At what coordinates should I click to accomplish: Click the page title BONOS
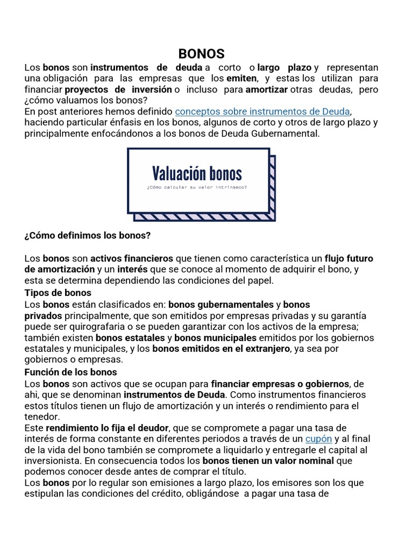pyautogui.click(x=201, y=54)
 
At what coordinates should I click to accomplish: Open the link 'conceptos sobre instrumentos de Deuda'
pyautogui.click(x=262, y=111)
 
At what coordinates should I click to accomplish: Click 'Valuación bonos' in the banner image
pyautogui.click(x=197, y=173)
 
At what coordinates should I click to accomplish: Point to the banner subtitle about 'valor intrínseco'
pyautogui.click(x=197, y=188)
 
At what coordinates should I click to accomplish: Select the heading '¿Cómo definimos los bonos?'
pyautogui.click(x=88, y=236)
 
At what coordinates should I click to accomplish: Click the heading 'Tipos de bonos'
pyautogui.click(x=58, y=293)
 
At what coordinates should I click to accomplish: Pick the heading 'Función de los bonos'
pyautogui.click(x=71, y=372)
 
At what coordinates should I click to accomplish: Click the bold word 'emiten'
pyautogui.click(x=242, y=79)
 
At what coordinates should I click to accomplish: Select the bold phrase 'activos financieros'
pyautogui.click(x=131, y=258)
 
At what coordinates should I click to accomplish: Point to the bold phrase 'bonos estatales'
pyautogui.click(x=131, y=338)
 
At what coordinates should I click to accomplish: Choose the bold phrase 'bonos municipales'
pyautogui.click(x=215, y=338)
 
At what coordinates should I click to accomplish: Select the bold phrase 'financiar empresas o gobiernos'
pyautogui.click(x=280, y=384)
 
